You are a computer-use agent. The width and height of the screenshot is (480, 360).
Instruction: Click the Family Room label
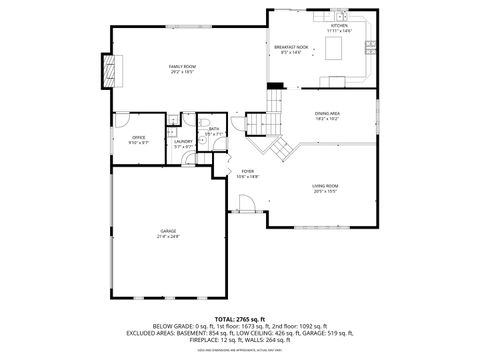[181, 66]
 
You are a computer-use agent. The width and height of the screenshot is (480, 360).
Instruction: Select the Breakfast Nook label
[291, 47]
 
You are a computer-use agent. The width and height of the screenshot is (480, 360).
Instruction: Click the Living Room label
[325, 186]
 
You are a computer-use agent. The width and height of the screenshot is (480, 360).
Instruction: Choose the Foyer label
[247, 172]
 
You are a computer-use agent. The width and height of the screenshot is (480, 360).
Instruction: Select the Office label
[125, 137]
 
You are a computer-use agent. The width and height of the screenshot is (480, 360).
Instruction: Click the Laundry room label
[183, 141]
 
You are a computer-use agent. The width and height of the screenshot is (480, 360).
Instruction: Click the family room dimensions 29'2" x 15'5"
[181, 72]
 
